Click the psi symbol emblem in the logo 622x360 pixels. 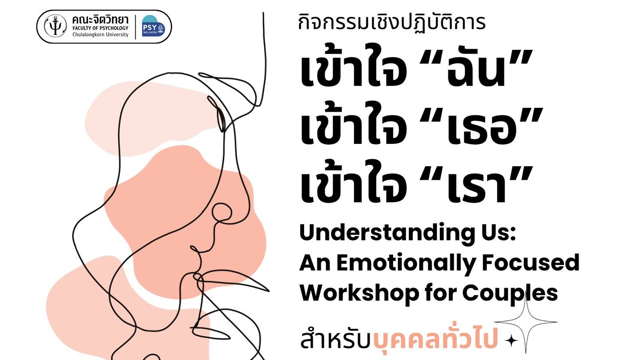[55, 26]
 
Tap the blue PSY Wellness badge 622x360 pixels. [153, 26]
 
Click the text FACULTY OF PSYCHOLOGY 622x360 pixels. [100, 28]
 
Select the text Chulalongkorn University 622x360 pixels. [100, 35]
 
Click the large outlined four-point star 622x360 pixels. [526, 322]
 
